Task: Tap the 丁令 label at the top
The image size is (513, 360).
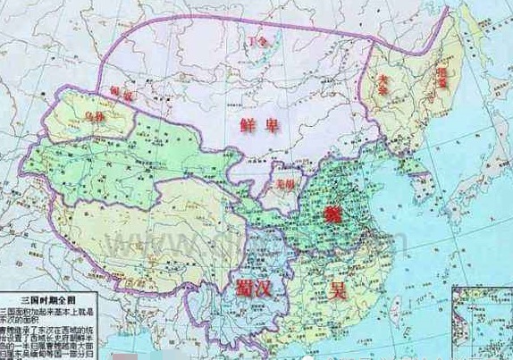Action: pyautogui.click(x=259, y=41)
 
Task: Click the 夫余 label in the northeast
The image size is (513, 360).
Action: pyautogui.click(x=384, y=80)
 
